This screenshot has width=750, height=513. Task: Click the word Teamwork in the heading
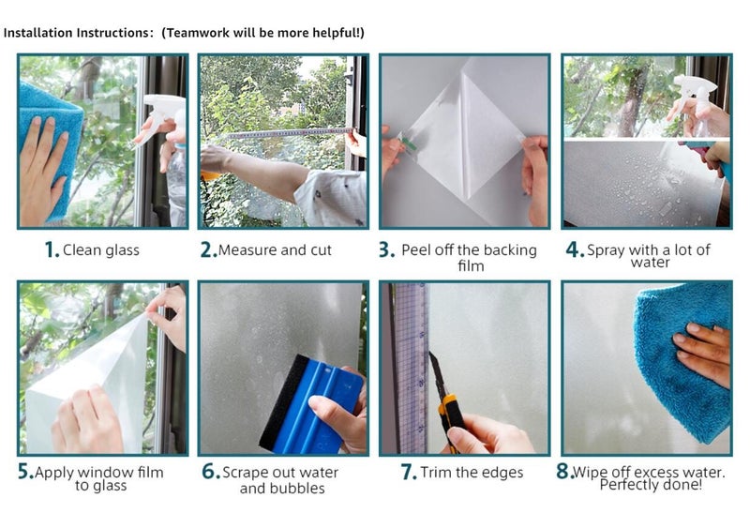click(x=195, y=33)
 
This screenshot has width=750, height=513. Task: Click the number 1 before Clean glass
click(x=52, y=250)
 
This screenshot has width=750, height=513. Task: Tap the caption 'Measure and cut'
click(x=275, y=250)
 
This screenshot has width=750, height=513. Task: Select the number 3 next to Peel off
click(x=385, y=250)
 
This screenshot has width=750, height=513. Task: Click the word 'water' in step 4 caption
click(x=650, y=263)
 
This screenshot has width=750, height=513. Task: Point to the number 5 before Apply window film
click(x=25, y=472)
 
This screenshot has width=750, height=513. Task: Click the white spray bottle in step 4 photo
click(x=694, y=94)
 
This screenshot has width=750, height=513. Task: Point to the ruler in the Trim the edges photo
click(x=411, y=366)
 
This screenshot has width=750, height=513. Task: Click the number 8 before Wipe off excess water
click(x=563, y=472)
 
